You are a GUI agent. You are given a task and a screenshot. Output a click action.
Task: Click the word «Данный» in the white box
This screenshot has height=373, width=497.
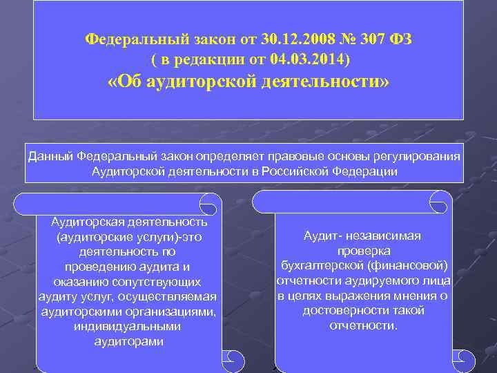50,157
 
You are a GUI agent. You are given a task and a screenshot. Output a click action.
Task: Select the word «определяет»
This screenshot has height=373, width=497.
229,157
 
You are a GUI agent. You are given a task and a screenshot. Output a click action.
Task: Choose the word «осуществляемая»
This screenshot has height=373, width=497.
177,297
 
